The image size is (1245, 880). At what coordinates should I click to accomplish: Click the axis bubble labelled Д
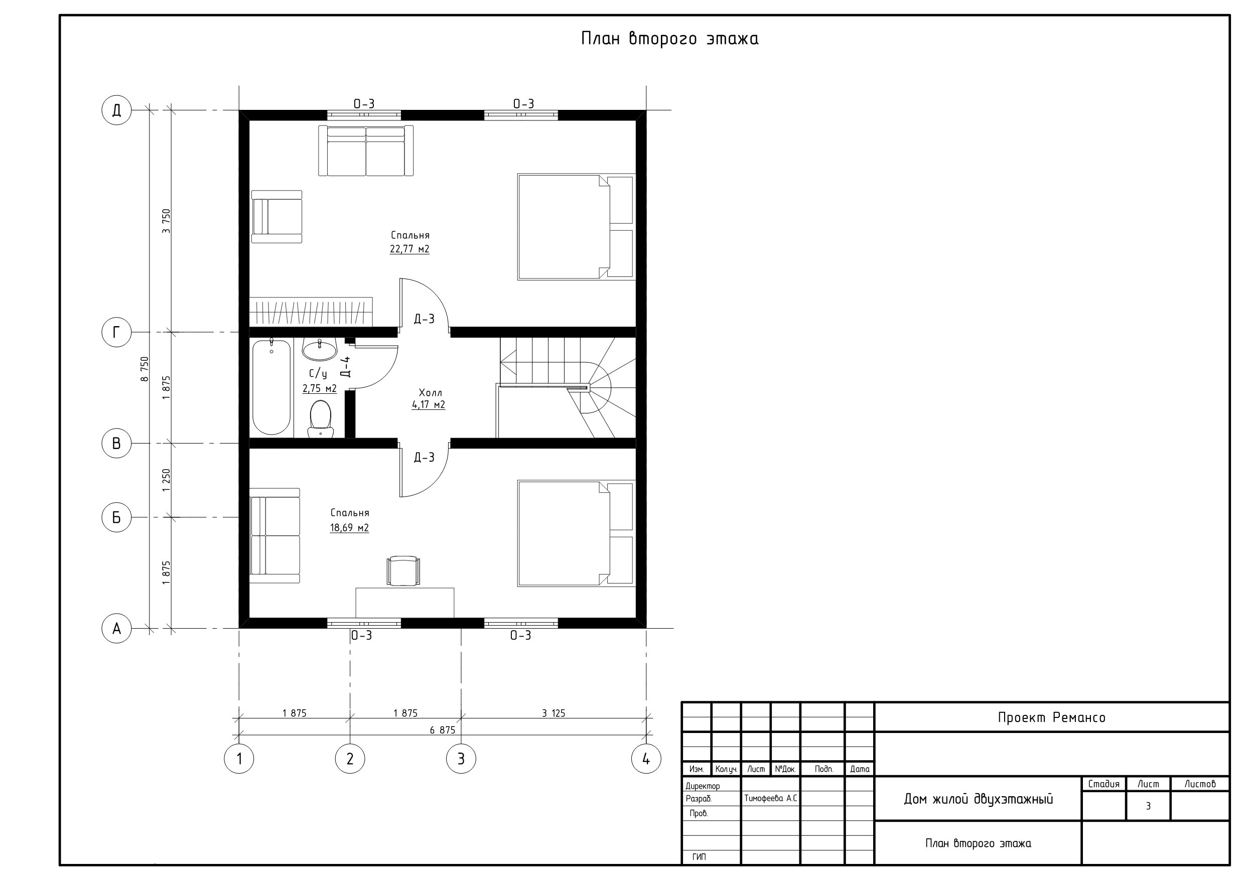tap(116, 110)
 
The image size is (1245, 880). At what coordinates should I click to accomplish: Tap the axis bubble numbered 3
tap(461, 759)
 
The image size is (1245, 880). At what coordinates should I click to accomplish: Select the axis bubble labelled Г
tap(116, 332)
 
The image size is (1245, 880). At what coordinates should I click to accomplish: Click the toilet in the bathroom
tap(321, 418)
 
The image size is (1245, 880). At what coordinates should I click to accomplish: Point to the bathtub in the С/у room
tap(271, 387)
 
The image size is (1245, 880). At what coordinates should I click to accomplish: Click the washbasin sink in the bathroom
tap(319, 350)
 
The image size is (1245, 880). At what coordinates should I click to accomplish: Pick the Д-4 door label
tap(345, 367)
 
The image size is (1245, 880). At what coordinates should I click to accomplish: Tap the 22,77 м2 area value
tap(409, 249)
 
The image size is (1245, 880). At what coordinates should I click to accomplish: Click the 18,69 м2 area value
tap(350, 528)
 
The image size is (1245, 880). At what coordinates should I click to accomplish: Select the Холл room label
tap(431, 392)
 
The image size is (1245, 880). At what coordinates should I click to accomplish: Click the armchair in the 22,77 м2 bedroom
tap(276, 217)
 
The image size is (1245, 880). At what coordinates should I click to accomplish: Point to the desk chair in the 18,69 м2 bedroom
tap(402, 571)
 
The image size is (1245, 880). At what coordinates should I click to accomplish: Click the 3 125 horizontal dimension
tap(554, 713)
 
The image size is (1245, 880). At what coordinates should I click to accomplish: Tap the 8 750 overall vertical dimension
tap(144, 369)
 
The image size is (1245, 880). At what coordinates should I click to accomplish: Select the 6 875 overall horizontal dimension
tap(443, 730)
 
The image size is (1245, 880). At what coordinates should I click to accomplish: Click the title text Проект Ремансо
tap(1051, 717)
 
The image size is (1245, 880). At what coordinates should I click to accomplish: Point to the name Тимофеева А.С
tap(770, 799)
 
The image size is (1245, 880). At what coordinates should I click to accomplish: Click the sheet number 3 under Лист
tap(1148, 806)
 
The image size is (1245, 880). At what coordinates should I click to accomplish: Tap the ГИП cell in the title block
tap(699, 857)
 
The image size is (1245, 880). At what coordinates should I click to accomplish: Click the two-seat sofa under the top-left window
tap(366, 151)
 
